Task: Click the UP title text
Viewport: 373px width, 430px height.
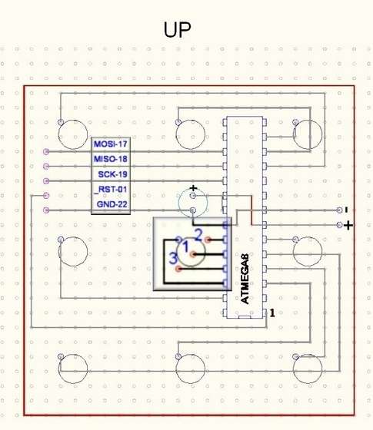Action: [x=177, y=30]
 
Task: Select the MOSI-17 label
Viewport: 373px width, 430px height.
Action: [x=111, y=144]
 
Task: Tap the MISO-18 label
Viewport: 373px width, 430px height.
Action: [x=111, y=159]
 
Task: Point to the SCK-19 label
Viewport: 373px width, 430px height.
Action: [x=112, y=174]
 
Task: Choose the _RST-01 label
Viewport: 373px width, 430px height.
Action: [x=111, y=189]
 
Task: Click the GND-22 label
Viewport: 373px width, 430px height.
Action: [x=112, y=204]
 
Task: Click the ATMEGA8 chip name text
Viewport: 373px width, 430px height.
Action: [x=245, y=279]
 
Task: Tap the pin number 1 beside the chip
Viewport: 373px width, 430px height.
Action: [x=272, y=313]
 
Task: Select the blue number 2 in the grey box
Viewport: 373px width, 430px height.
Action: [x=198, y=235]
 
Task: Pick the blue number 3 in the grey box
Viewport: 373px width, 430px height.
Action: [x=173, y=258]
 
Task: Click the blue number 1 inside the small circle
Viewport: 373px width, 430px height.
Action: [x=186, y=246]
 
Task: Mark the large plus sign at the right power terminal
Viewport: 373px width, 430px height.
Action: [x=348, y=226]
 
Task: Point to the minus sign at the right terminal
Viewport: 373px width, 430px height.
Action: [x=347, y=210]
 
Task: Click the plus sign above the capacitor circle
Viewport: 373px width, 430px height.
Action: [x=194, y=188]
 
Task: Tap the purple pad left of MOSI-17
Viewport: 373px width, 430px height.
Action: [x=46, y=151]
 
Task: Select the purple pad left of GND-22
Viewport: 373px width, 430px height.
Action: [x=46, y=210]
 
